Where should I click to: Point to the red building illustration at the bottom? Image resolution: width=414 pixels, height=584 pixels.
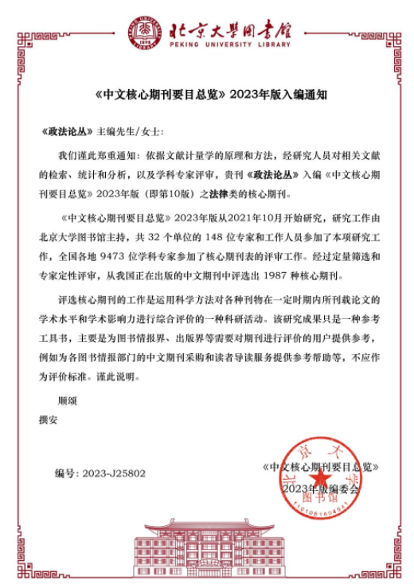pos(207,548)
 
